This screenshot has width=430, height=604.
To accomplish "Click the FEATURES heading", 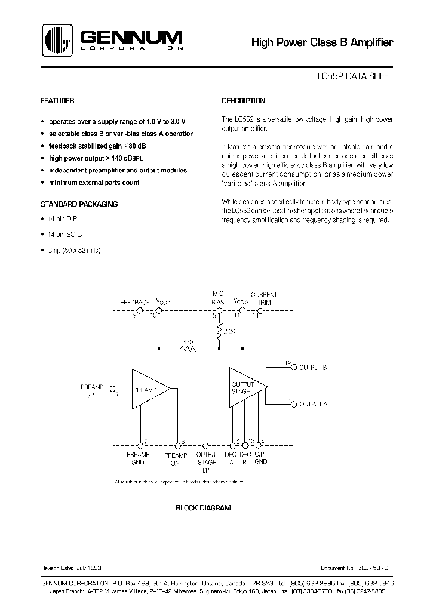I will (57, 101).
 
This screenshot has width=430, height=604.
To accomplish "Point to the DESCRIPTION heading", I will (244, 101).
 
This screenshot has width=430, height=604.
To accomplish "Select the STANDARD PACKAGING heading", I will (79, 204).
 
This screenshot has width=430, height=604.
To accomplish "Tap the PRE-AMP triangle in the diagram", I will (147, 389).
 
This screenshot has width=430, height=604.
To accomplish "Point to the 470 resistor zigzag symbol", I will (190, 348).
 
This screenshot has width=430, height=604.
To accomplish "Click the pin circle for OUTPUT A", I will (293, 404).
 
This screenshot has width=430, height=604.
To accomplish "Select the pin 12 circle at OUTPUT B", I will (293, 368).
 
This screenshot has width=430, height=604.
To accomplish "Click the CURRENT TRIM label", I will (263, 298).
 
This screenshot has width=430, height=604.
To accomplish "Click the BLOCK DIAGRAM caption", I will (203, 508).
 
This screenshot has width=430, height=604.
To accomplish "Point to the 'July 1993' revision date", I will (93, 571).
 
